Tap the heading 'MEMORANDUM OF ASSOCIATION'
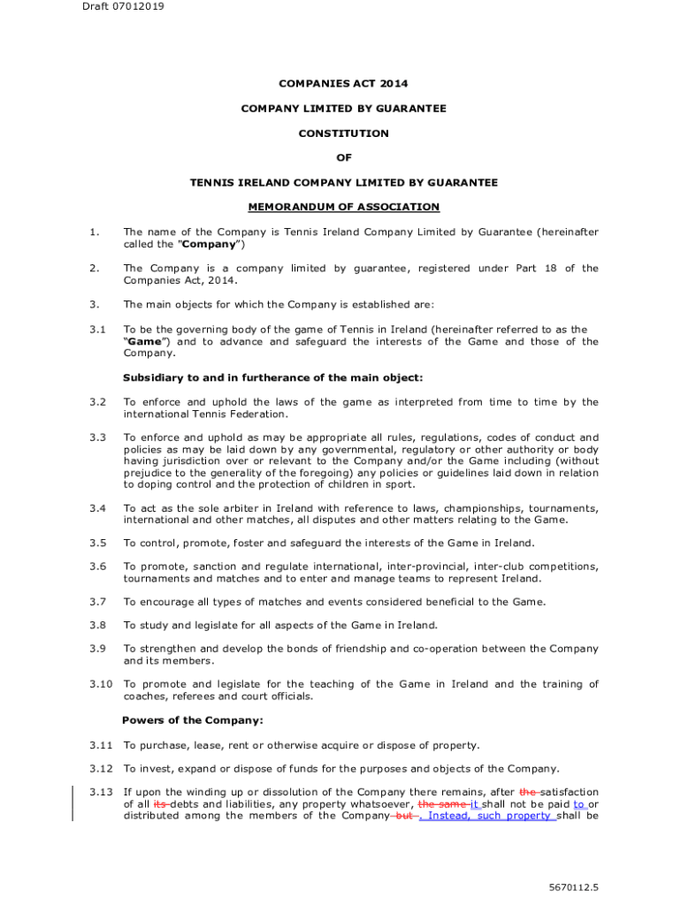(x=343, y=207)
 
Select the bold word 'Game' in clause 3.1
(x=146, y=341)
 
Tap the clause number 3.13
(x=102, y=792)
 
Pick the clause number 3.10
(x=102, y=684)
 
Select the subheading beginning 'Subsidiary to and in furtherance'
(x=273, y=377)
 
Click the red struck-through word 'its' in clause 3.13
(x=160, y=803)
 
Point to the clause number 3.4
(x=98, y=508)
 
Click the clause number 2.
(x=93, y=268)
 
